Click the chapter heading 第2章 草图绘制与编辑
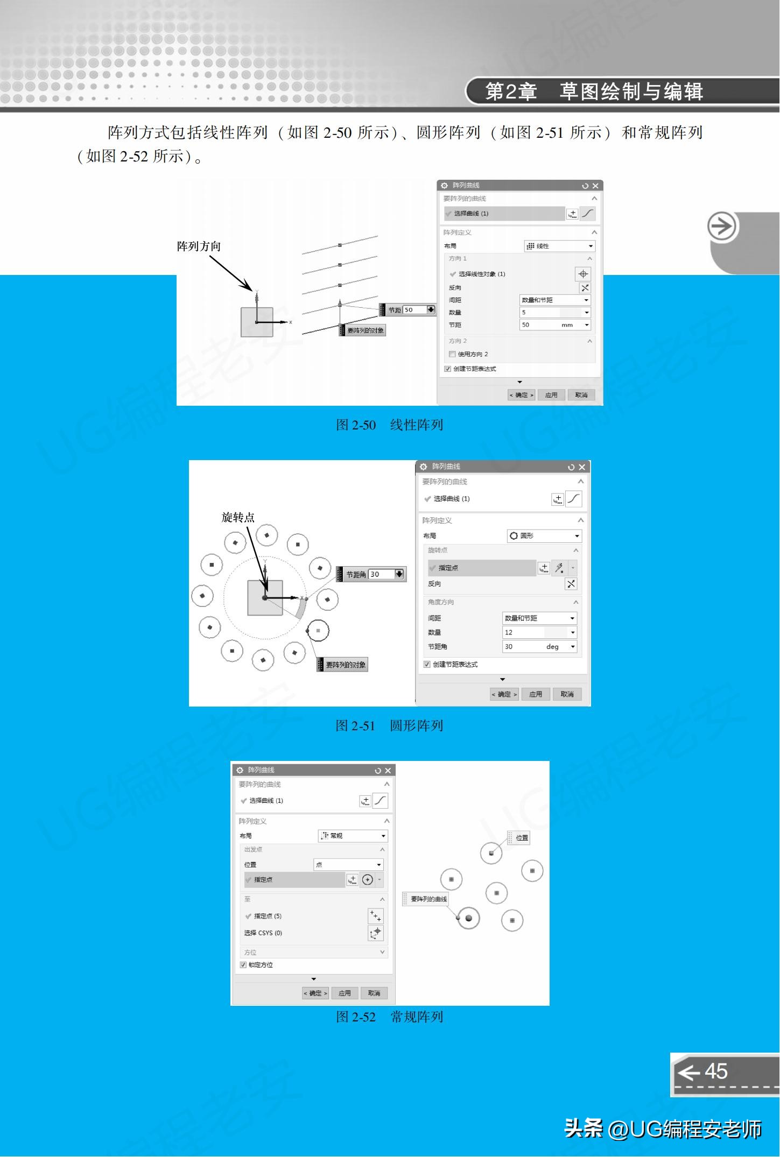(x=594, y=91)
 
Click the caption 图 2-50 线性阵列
(x=389, y=425)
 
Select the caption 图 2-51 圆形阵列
(x=389, y=725)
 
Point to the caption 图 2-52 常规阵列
(x=389, y=1017)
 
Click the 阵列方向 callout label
(x=199, y=246)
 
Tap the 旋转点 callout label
(x=238, y=517)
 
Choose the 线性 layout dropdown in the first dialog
(x=559, y=246)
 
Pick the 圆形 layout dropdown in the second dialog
(x=544, y=536)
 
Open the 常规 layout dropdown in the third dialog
(x=353, y=836)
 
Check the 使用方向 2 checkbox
(x=452, y=354)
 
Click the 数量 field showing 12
(x=539, y=632)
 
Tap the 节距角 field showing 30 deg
(x=539, y=647)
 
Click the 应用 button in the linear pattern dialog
(x=551, y=395)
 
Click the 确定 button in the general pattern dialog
(x=315, y=993)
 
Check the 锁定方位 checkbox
(x=243, y=965)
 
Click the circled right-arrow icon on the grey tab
(x=722, y=227)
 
